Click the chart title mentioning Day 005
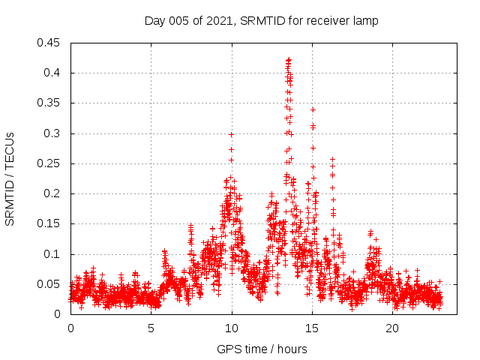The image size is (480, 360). point(261,20)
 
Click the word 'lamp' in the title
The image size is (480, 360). point(364,20)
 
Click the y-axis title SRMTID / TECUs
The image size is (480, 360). point(10,178)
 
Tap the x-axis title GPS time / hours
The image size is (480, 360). point(262,349)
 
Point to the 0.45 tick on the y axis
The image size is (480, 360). point(51,43)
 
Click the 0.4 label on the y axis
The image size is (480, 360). point(54,73)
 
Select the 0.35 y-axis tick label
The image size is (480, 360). point(51,103)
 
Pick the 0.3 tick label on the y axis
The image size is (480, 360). point(54,133)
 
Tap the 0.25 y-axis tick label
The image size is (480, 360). point(51,163)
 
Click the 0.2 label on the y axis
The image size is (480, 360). point(54,193)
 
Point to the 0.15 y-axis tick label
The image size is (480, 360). point(51,223)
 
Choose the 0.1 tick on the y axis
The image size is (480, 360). point(54,254)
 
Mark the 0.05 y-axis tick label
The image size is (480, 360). point(51,284)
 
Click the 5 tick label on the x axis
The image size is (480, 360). point(151,328)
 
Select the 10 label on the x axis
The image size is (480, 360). point(232,328)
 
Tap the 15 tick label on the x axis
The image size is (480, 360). point(312,328)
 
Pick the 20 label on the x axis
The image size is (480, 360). point(392,328)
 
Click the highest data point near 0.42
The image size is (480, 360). point(289,59)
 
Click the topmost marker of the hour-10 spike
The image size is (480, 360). point(231,134)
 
